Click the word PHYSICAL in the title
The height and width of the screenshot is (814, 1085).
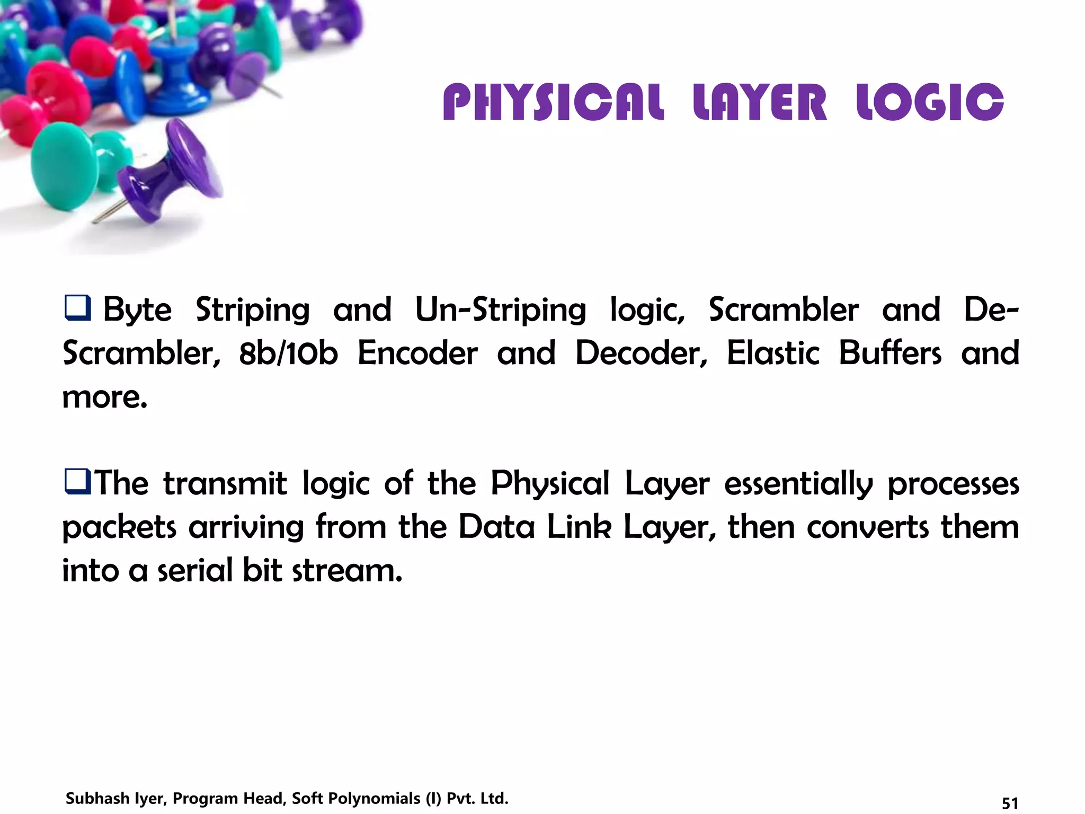pyautogui.click(x=553, y=102)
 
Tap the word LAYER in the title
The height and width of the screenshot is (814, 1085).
pyautogui.click(x=760, y=102)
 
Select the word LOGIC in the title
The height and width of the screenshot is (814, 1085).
pyautogui.click(x=930, y=102)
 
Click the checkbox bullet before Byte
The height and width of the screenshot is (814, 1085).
pyautogui.click(x=77, y=308)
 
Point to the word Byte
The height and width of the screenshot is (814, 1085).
pyautogui.click(x=137, y=310)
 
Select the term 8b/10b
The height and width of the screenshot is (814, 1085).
pyautogui.click(x=288, y=353)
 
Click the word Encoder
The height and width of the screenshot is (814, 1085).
pyautogui.click(x=417, y=353)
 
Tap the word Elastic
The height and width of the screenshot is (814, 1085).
pyautogui.click(x=773, y=353)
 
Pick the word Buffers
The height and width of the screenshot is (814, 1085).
pyautogui.click(x=890, y=353)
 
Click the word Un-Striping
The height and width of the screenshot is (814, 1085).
pyautogui.click(x=500, y=310)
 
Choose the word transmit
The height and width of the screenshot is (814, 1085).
pyautogui.click(x=225, y=483)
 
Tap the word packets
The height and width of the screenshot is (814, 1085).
pyautogui.click(x=119, y=528)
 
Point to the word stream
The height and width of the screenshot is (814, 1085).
pyautogui.click(x=347, y=571)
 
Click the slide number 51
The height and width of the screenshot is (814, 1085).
pyautogui.click(x=1010, y=803)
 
